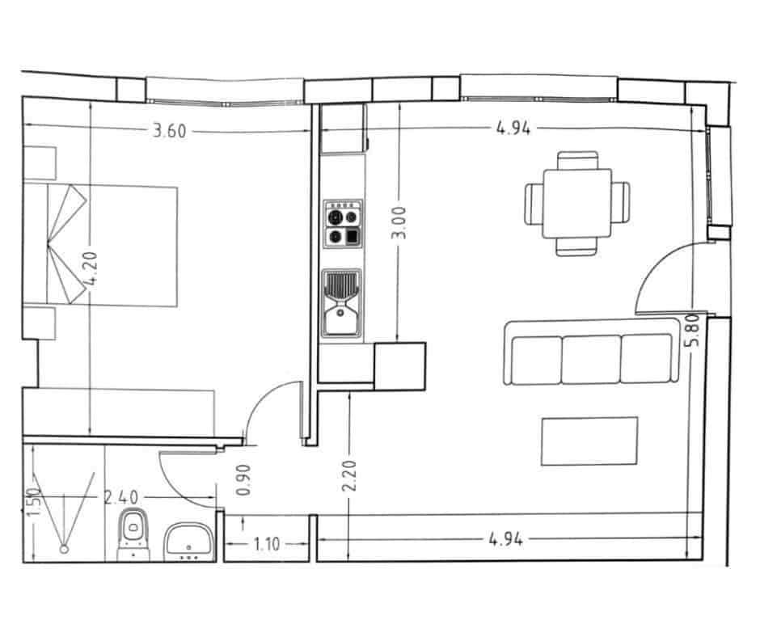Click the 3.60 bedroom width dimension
(170, 130)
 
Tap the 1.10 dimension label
(266, 544)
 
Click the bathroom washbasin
(189, 540)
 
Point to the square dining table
(577, 202)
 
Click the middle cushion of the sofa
(591, 358)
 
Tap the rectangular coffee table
(589, 441)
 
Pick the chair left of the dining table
(535, 203)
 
